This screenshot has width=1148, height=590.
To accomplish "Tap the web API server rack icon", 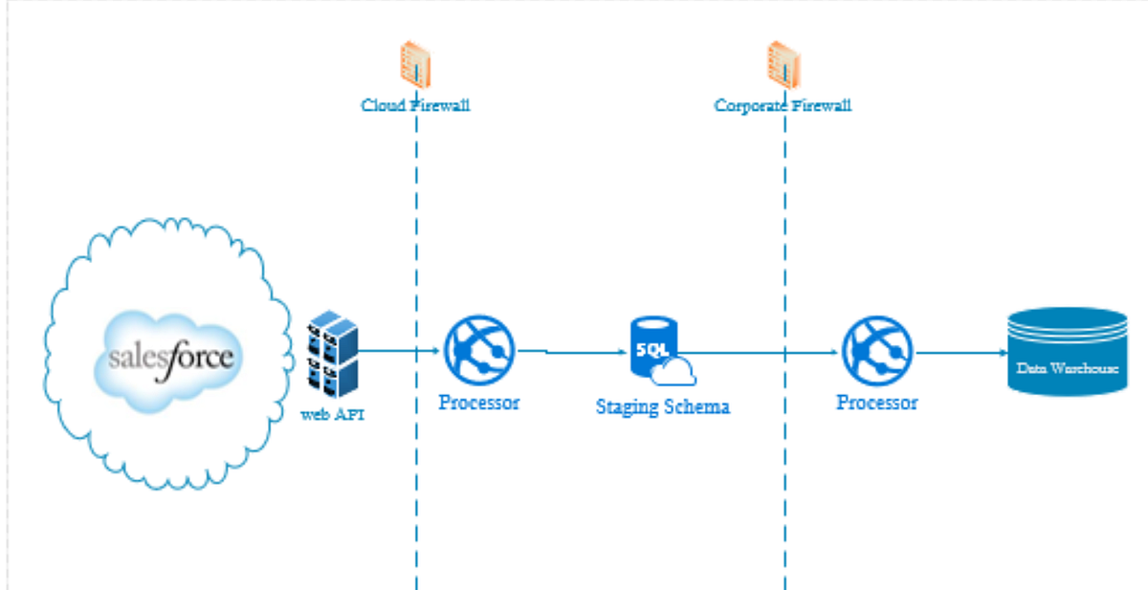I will click(332, 352).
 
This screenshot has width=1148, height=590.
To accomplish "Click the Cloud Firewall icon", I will click(415, 68).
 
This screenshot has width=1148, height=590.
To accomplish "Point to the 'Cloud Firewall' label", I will click(415, 105).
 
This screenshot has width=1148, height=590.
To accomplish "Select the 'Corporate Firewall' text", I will click(783, 105).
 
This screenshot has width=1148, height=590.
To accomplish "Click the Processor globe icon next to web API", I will click(479, 351).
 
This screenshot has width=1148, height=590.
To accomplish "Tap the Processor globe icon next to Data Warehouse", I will click(877, 351).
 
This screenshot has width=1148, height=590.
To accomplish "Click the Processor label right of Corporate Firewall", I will click(877, 403).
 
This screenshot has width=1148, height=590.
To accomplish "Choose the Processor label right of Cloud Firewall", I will click(479, 403).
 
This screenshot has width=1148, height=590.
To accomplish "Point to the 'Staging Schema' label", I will click(663, 406).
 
